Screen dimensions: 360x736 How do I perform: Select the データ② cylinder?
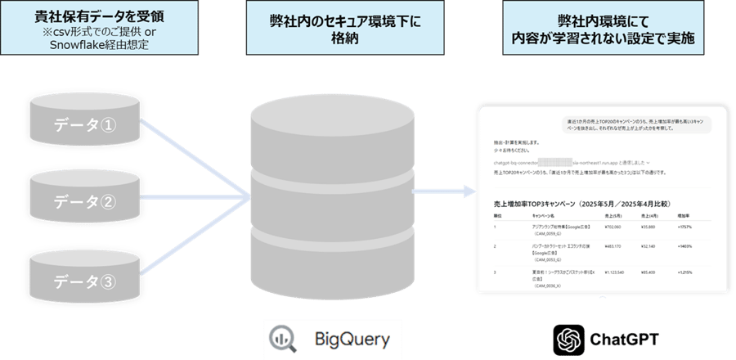84,201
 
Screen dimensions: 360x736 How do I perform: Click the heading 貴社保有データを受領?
91,15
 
